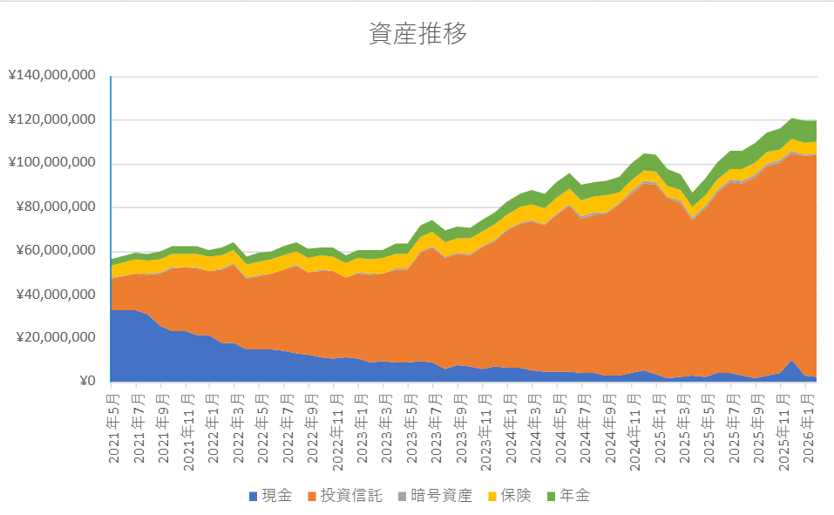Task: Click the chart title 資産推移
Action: pos(417,34)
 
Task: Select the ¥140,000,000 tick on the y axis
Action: pos(51,76)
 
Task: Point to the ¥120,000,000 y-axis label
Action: pos(51,119)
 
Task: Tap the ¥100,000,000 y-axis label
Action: pos(51,163)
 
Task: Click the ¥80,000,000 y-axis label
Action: pos(55,207)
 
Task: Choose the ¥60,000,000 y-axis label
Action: pos(55,250)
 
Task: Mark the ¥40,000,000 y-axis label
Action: pos(55,294)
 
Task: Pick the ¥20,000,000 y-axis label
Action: pos(55,337)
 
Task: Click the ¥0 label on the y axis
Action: pos(86,381)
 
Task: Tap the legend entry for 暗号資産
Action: pos(440,496)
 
